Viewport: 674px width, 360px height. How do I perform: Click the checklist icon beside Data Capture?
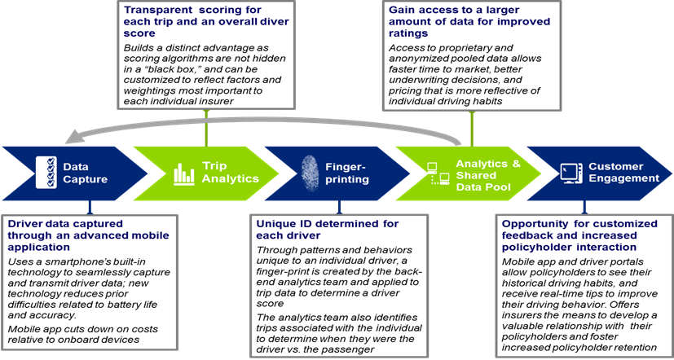pos(46,173)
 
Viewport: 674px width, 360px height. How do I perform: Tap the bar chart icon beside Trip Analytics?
pos(184,174)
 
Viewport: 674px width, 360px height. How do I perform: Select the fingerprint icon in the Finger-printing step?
pos(309,173)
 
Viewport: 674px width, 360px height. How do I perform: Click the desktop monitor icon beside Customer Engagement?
pos(571,173)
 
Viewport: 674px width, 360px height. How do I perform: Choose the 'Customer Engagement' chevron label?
pos(623,173)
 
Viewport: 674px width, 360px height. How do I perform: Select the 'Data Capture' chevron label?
pos(85,173)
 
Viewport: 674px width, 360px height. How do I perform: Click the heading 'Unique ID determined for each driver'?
pos(328,230)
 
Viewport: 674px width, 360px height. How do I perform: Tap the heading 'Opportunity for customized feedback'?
pos(579,235)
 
